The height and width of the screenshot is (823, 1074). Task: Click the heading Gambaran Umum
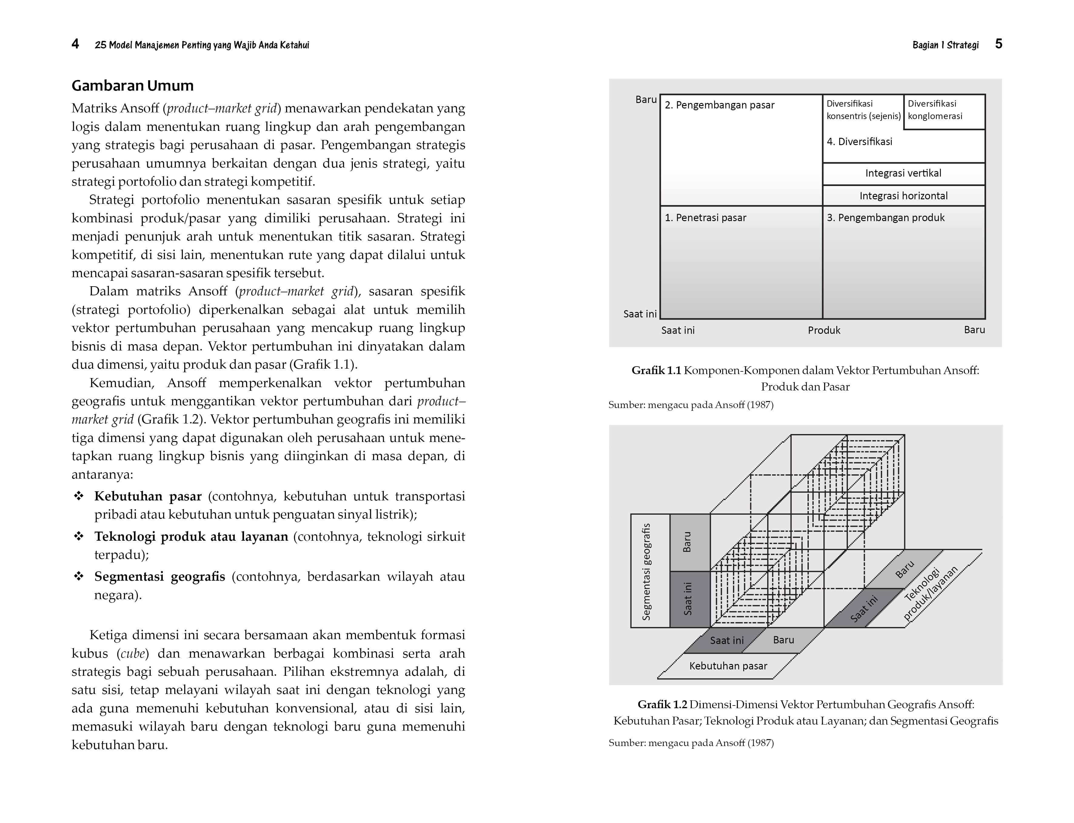tap(132, 86)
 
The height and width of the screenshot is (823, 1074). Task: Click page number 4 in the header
tap(75, 44)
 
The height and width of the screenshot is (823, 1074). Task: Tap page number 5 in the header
tap(999, 44)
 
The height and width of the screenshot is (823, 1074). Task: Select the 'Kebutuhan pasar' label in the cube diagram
tap(728, 666)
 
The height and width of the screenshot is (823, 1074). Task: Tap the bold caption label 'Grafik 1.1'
tap(656, 371)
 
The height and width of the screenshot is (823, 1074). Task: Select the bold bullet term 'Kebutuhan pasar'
tap(148, 496)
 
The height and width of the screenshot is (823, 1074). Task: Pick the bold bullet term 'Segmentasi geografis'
tap(159, 577)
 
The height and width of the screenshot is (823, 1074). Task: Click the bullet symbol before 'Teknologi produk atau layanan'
tap(79, 536)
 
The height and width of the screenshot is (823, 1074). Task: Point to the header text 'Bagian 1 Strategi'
tap(945, 45)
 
